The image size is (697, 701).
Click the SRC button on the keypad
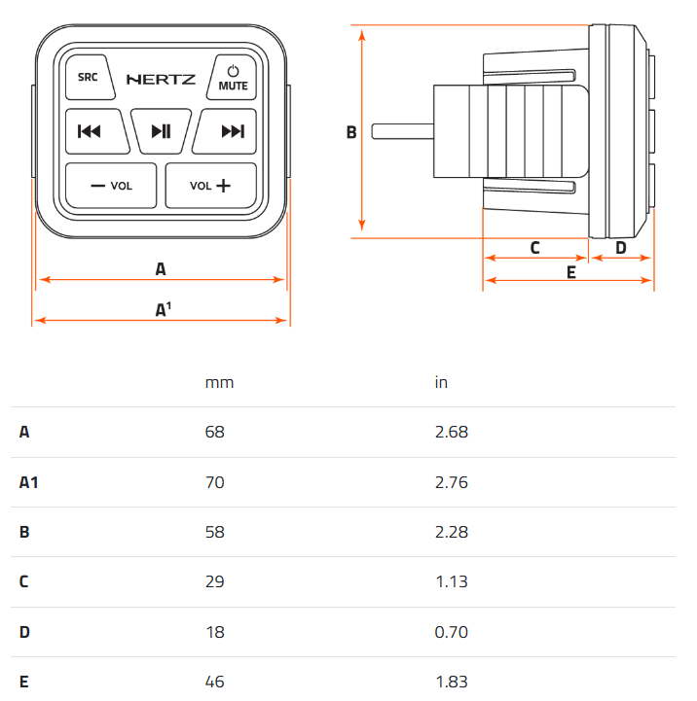(90, 77)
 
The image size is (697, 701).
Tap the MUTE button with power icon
(232, 77)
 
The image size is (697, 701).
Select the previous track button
(96, 131)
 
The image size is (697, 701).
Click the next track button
(225, 131)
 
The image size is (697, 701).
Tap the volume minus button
(111, 186)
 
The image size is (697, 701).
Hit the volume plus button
(211, 186)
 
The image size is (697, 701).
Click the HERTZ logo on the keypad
(162, 80)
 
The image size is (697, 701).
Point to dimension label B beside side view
(351, 132)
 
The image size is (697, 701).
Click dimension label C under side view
(535, 248)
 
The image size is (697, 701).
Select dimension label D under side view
(621, 248)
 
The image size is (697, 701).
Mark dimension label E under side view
(571, 272)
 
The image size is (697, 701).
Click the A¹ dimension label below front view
(163, 309)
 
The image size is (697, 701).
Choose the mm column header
(219, 383)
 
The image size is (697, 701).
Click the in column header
(441, 382)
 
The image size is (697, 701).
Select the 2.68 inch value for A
(452, 432)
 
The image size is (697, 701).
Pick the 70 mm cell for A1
(214, 482)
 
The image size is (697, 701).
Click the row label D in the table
(24, 632)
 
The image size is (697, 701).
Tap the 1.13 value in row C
(452, 581)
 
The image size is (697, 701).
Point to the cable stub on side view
(402, 131)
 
